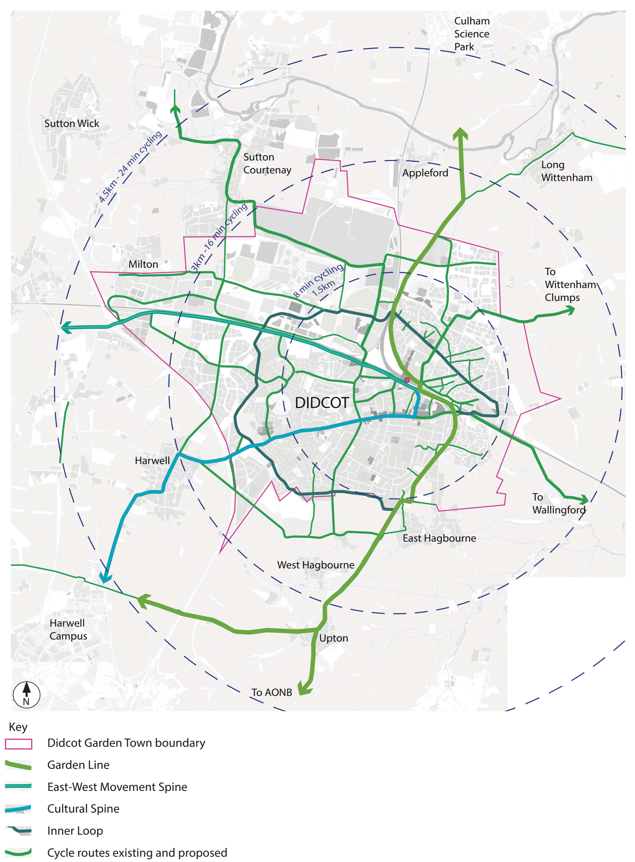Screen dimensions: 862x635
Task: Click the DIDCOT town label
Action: click(322, 403)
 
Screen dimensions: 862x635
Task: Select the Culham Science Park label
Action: click(472, 34)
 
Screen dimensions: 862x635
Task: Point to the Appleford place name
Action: click(425, 173)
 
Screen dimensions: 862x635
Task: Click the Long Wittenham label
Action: click(566, 171)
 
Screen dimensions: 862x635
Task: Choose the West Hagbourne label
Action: click(316, 565)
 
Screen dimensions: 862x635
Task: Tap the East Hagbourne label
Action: click(439, 538)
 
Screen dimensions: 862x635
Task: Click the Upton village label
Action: click(334, 638)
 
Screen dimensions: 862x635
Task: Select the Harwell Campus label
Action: click(68, 630)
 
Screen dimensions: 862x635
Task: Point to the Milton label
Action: click(143, 265)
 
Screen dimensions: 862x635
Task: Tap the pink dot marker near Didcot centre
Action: click(407, 380)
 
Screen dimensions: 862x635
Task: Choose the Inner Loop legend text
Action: click(75, 831)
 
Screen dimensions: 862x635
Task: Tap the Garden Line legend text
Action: click(78, 765)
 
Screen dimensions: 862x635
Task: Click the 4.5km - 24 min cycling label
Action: click(130, 166)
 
